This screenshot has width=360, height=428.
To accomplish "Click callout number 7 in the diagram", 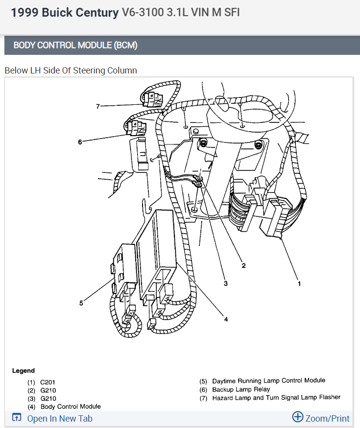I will [98, 106].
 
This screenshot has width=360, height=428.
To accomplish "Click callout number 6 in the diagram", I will [80, 142].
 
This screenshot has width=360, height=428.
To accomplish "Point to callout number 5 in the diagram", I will [81, 303].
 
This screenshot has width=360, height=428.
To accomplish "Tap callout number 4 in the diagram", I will [226, 319].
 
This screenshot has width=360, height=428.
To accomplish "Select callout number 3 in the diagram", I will [225, 283].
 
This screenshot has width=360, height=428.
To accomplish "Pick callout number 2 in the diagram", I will [243, 265].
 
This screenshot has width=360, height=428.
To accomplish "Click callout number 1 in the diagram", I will [299, 283].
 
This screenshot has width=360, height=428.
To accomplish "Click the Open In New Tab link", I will [59, 418].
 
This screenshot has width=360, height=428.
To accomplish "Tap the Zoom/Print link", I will [327, 418].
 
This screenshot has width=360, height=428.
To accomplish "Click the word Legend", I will [24, 371].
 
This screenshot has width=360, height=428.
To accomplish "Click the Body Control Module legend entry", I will [71, 406].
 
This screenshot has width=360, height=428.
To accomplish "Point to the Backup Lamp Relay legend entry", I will [241, 389].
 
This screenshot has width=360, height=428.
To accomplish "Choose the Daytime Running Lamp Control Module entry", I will [268, 380].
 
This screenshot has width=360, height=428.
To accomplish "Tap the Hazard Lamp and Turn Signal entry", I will [276, 398].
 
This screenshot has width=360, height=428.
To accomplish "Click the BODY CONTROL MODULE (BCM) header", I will [75, 46].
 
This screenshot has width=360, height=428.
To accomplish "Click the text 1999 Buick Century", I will [65, 13].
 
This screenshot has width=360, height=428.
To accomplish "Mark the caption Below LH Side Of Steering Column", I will [71, 70].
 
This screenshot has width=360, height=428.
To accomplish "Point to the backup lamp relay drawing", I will [137, 126].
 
